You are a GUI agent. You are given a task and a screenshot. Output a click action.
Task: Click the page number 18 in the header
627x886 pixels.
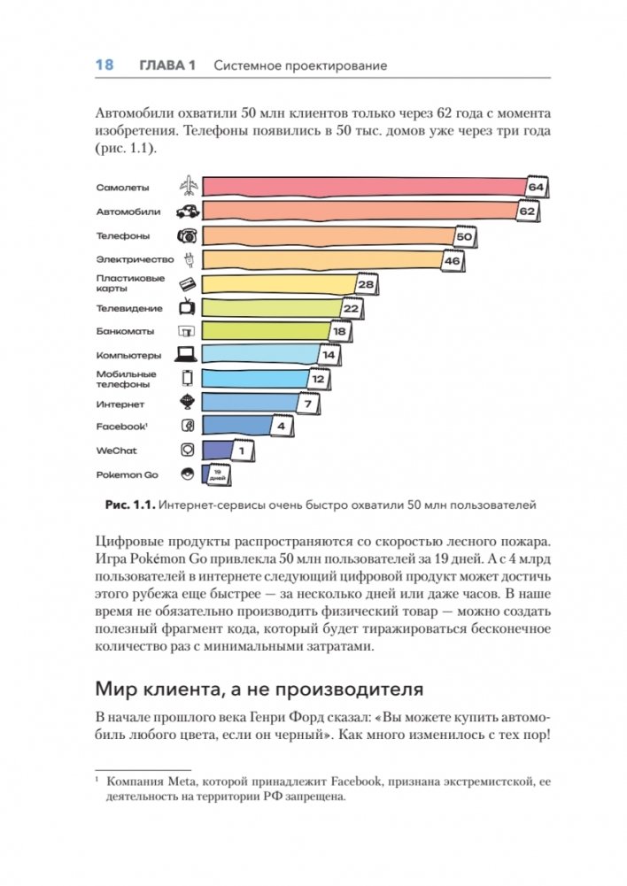point(104,65)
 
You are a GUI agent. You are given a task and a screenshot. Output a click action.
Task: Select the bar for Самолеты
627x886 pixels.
point(363,187)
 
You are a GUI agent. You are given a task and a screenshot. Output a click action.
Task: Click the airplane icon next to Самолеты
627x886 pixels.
point(188,187)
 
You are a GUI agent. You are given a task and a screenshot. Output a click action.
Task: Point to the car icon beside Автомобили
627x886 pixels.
point(188,212)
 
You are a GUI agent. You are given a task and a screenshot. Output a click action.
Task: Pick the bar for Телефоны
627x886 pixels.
point(328,236)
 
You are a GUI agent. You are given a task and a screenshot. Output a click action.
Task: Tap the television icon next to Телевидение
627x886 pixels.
point(188,308)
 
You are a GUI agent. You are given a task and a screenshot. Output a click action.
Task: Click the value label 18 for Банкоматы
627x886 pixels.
point(339,332)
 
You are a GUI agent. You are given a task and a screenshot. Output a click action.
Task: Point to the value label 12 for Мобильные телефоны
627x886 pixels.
point(318,379)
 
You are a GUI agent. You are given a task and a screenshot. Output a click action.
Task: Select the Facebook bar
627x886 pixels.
point(235,427)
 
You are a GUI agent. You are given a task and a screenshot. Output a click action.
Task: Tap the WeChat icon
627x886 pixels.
point(188,451)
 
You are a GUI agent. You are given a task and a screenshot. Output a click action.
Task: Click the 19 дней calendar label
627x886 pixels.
point(217,475)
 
